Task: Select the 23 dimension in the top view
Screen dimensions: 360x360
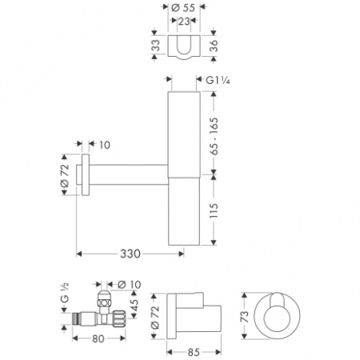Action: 185,22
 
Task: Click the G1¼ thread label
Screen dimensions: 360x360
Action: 219,80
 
